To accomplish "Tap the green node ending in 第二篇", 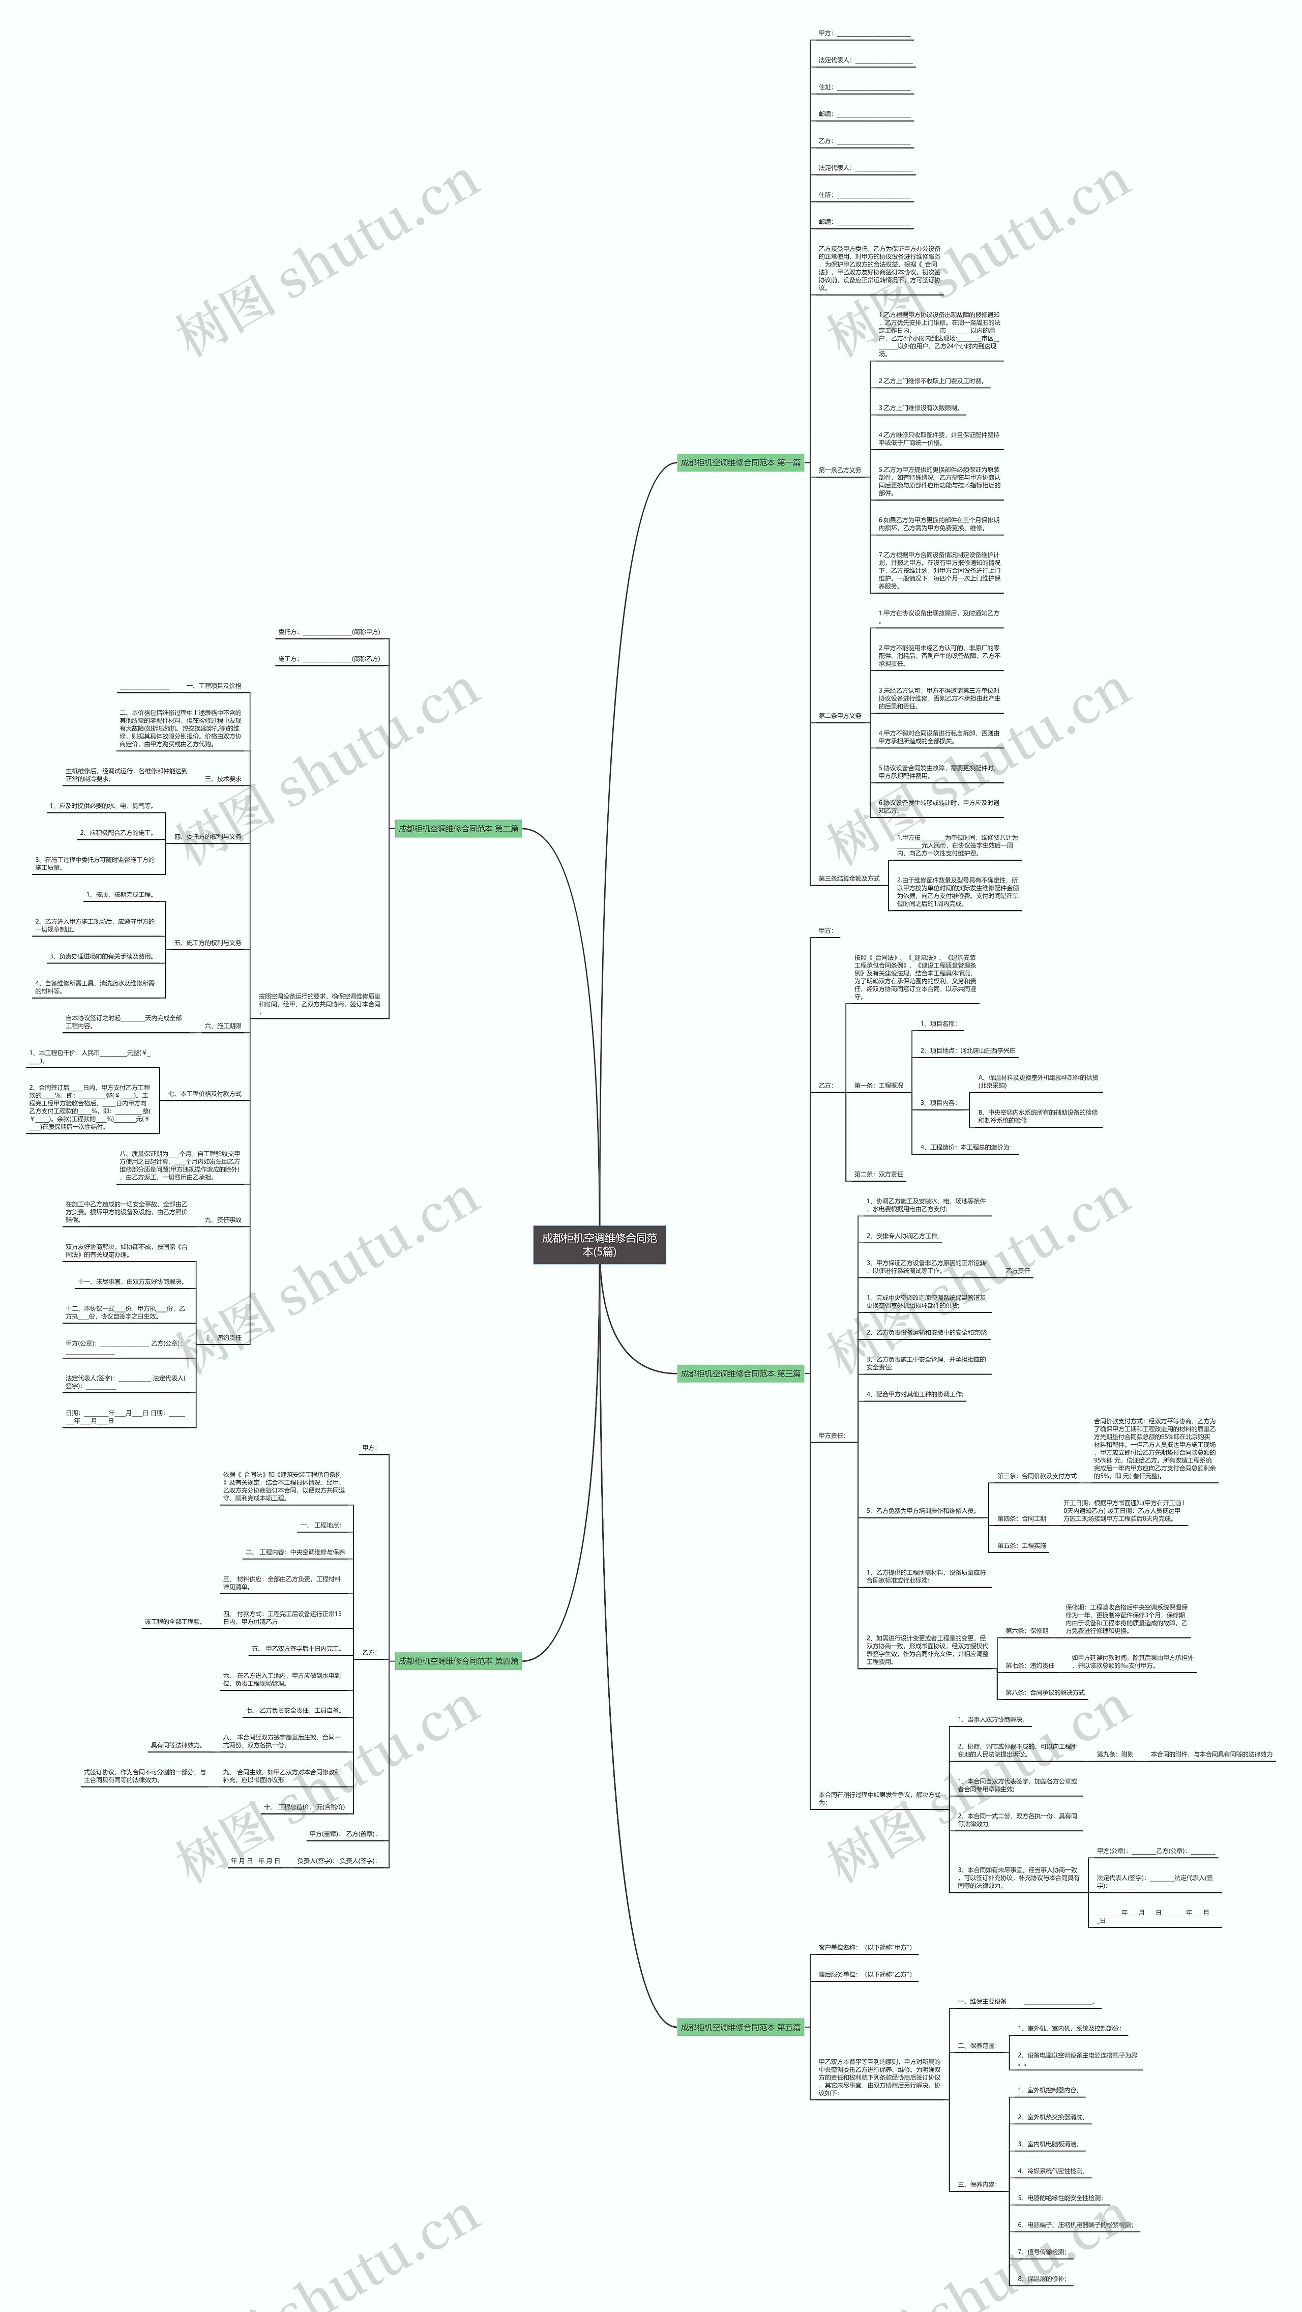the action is coord(458,829).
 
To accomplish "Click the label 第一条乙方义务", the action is coord(839,471).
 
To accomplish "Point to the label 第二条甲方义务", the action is coord(839,716).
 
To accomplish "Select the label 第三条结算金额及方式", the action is coord(848,879).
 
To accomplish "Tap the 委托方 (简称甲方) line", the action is coord(329,632).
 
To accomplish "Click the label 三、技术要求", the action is coord(223,779).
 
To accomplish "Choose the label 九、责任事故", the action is coord(223,1220).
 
